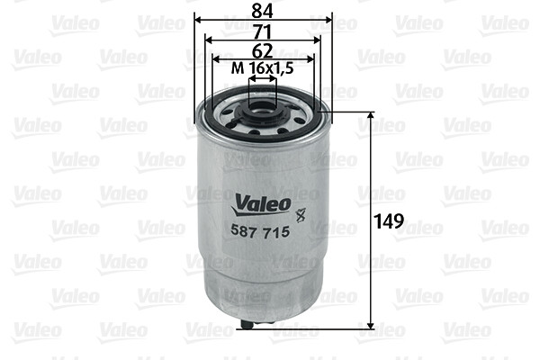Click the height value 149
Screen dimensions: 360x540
[x=390, y=220]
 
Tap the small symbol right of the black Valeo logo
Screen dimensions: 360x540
[x=301, y=214]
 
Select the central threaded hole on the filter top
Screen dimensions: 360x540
[x=263, y=112]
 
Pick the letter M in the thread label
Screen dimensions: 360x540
[x=237, y=68]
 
